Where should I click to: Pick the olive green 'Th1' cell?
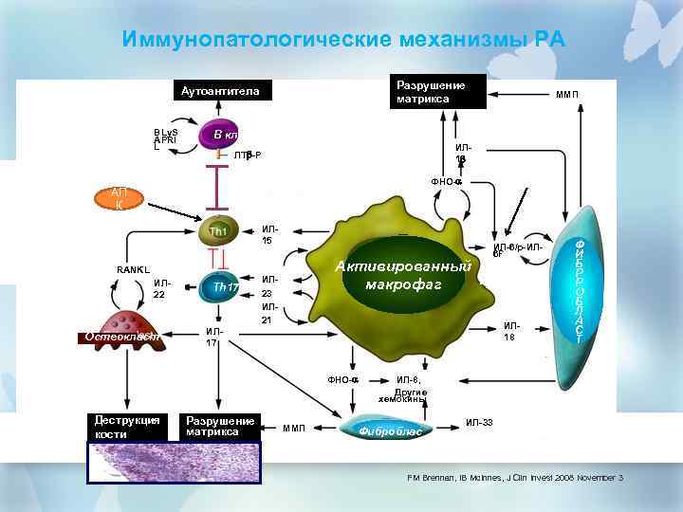[219, 230]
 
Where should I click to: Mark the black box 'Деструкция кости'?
[124, 427]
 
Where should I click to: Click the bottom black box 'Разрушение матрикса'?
[220, 426]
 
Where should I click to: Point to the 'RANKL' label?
[134, 269]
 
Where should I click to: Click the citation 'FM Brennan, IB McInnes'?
[508, 477]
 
